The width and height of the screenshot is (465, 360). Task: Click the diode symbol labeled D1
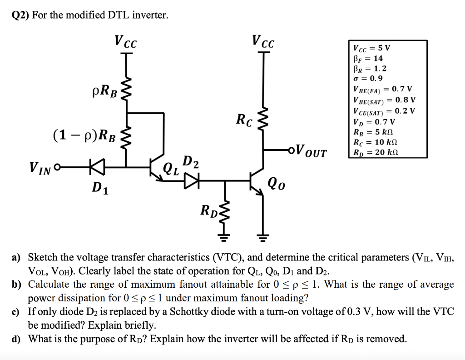[x=97, y=166]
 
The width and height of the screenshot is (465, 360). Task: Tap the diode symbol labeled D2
[x=192, y=180]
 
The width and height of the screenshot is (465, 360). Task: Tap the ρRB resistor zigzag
[x=126, y=89]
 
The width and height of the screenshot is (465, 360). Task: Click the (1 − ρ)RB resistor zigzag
[x=126, y=136]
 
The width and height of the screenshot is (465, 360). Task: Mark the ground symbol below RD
[x=225, y=236]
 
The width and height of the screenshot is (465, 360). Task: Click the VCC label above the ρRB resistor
[x=126, y=41]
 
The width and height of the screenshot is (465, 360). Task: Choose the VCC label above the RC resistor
[x=263, y=41]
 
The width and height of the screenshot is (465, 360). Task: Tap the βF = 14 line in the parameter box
[x=368, y=59]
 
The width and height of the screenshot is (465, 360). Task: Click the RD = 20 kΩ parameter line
[x=376, y=152]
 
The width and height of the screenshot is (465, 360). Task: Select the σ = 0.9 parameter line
[x=368, y=78]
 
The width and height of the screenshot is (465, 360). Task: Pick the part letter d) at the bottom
[x=16, y=339]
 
